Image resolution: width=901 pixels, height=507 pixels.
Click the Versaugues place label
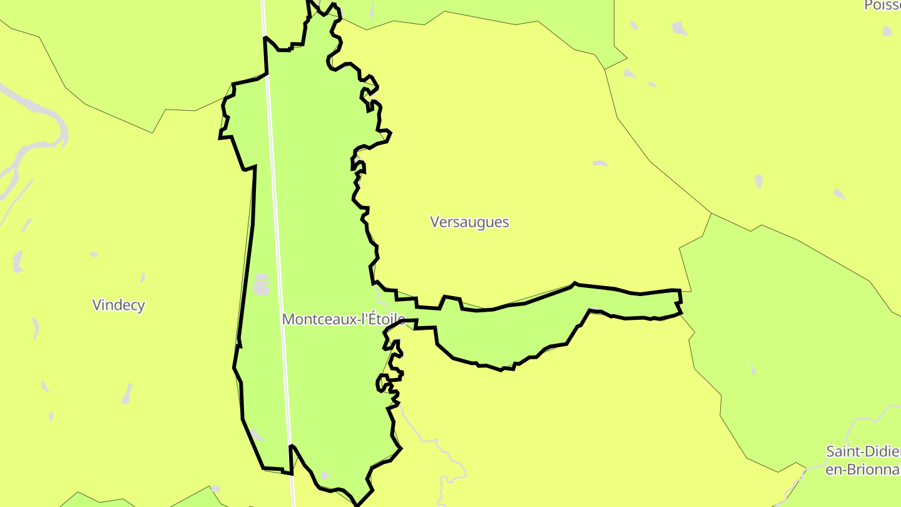469,222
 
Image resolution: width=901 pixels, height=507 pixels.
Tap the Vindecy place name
118,305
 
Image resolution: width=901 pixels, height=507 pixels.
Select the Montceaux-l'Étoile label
343,319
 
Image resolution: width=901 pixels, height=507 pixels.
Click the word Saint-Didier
863,452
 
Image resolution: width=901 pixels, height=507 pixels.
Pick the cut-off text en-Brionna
863,469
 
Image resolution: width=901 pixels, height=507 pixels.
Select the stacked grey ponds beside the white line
262,284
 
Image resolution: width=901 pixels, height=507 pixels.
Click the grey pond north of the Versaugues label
599,163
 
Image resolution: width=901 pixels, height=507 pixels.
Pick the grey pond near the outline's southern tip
323,476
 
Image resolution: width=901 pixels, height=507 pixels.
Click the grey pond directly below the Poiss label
887,31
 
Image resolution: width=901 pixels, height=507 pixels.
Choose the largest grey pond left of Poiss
680,28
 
